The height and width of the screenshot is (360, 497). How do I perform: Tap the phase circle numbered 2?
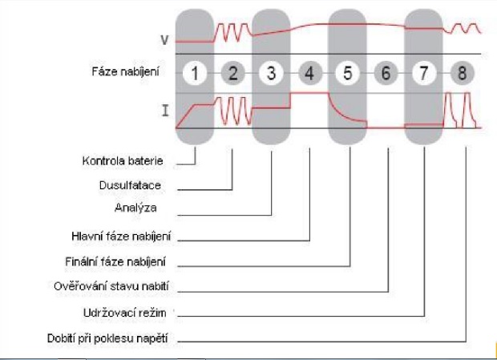point(232,73)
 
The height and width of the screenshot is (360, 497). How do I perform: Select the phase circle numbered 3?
point(271,73)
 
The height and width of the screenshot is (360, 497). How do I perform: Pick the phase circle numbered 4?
point(309,73)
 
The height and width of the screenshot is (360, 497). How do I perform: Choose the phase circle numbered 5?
point(348,73)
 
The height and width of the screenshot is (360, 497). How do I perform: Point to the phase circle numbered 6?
point(386,73)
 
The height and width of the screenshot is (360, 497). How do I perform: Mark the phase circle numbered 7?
point(425,73)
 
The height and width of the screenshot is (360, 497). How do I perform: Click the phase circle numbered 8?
point(463,73)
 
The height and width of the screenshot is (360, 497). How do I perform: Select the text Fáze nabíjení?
point(126,73)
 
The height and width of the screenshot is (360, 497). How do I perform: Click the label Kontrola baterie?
point(123,162)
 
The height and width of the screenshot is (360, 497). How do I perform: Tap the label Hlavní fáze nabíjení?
point(122,237)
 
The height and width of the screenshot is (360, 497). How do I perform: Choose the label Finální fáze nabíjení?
point(120,262)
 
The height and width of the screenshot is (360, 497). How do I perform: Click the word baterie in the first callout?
point(146,162)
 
